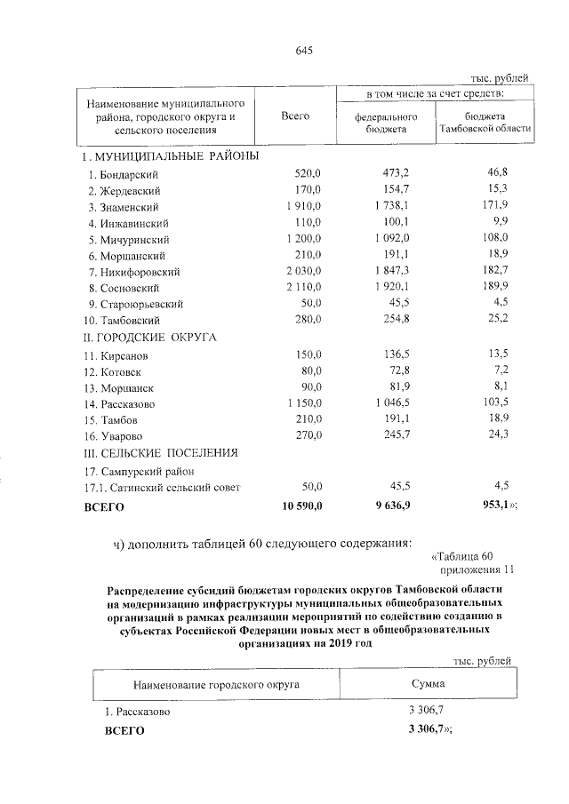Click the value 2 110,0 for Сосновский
pyautogui.click(x=309, y=288)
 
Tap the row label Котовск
pyautogui.click(x=114, y=371)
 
